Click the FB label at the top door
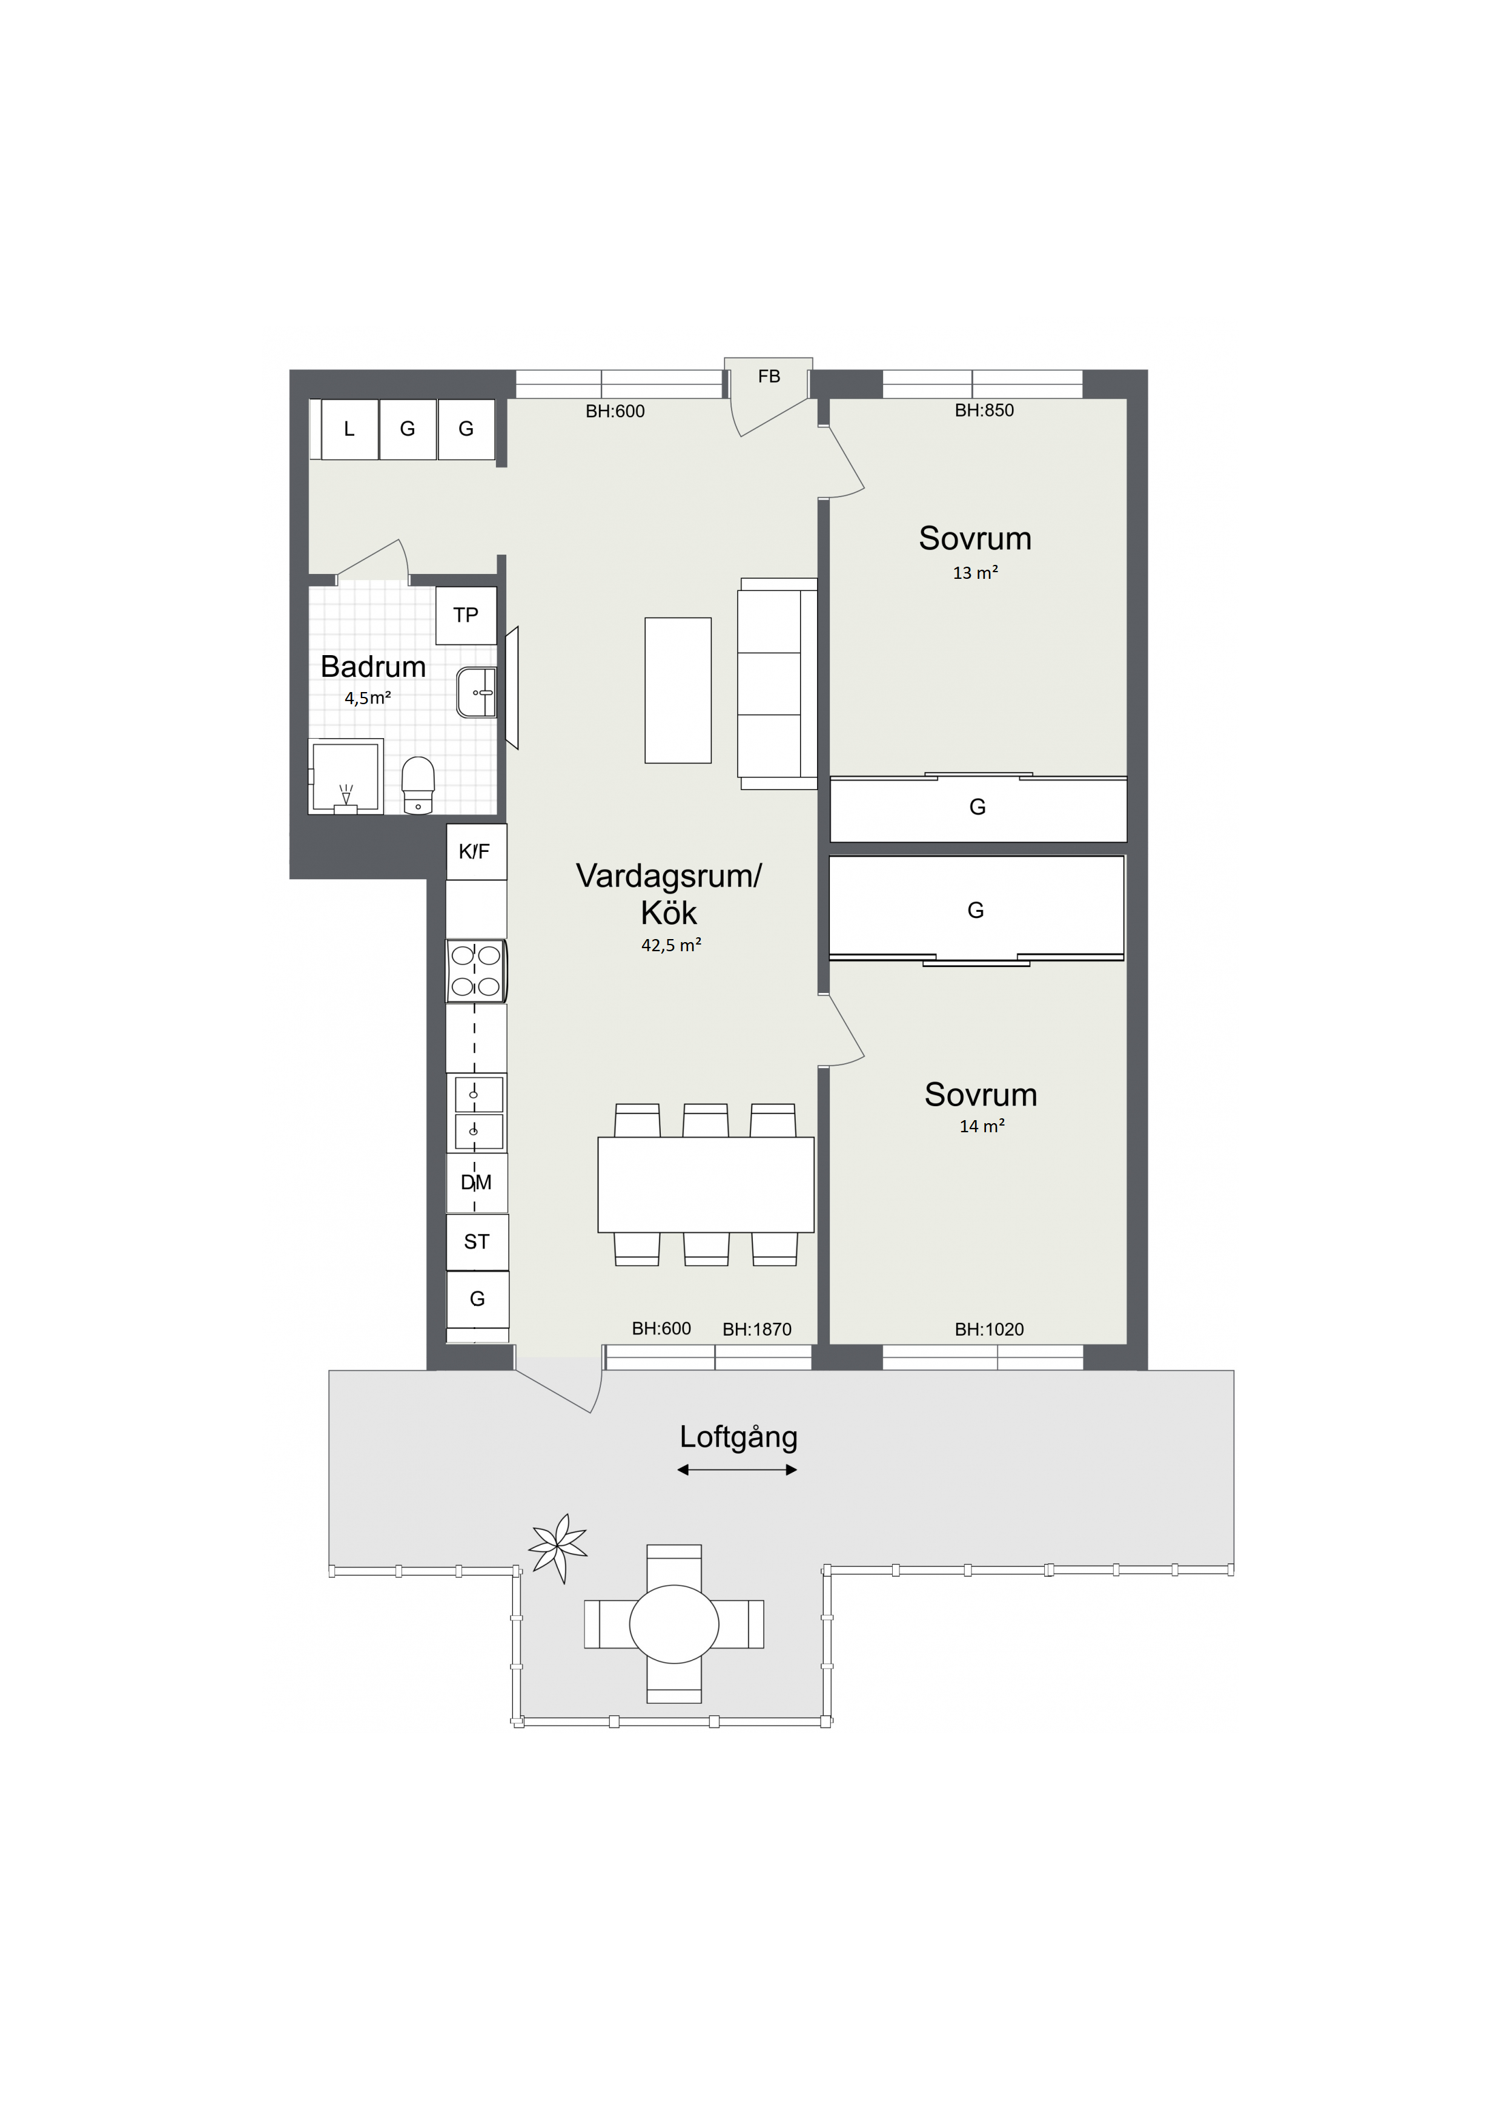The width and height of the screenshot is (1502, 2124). click(769, 377)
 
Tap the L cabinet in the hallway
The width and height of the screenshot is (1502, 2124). click(349, 429)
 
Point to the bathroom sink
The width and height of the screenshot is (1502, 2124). click(477, 692)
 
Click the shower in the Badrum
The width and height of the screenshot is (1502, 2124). click(346, 777)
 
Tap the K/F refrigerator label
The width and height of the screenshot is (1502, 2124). click(474, 851)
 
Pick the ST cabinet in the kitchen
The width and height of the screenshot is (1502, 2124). click(477, 1241)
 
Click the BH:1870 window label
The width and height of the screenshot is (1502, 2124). click(757, 1330)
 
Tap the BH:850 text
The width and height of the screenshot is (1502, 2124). click(985, 411)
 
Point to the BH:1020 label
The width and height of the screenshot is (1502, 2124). click(989, 1330)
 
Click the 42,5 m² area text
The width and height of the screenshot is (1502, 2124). click(672, 945)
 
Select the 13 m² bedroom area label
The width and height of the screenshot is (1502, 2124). click(976, 573)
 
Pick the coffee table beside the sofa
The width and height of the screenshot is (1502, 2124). click(678, 690)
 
